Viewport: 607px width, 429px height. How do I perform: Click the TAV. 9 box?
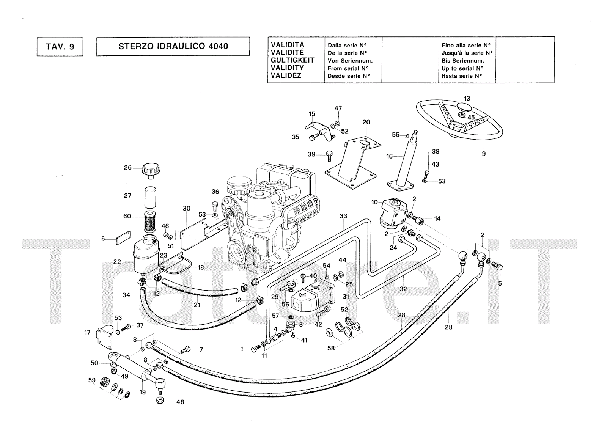coord(60,47)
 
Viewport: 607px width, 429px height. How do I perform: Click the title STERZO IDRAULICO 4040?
coord(173,46)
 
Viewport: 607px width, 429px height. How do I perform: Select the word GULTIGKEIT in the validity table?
coord(292,60)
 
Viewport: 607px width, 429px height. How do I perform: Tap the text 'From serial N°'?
coord(348,69)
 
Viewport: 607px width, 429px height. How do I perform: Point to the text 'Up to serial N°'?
coord(462,69)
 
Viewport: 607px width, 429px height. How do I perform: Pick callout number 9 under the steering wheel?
coord(484,154)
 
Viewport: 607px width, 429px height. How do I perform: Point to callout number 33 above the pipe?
coord(343,216)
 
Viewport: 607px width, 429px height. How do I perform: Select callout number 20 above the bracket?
coord(366,122)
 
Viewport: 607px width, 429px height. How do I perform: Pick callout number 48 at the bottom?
coord(180,402)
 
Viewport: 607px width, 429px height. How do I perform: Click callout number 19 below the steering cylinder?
coord(143,392)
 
